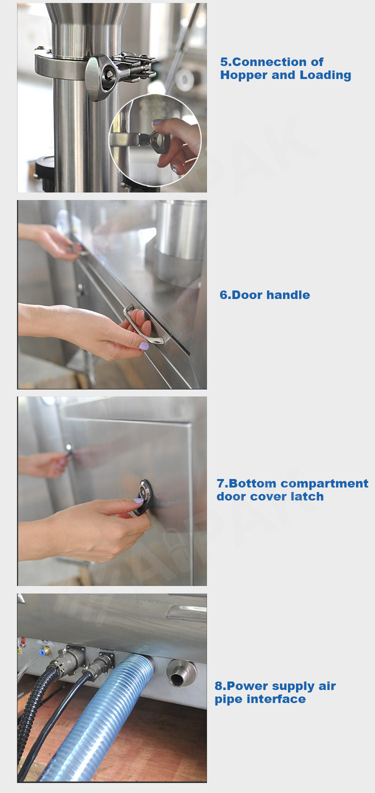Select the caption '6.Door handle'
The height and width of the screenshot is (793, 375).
pos(264,295)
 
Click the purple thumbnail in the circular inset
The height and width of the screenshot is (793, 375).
pos(157,122)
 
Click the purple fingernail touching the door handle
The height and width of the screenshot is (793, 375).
pos(143,346)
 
